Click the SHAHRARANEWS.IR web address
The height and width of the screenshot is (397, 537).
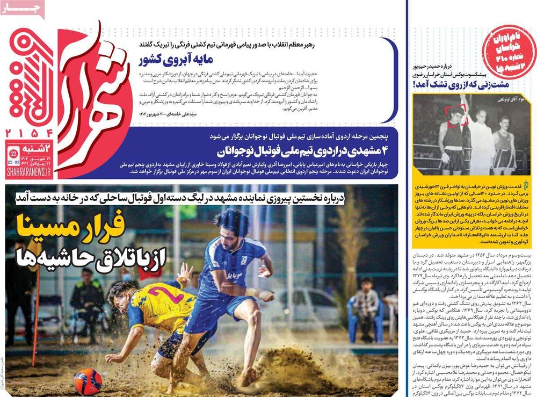pos(28,172)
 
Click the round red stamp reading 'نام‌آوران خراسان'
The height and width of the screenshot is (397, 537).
pos(509,51)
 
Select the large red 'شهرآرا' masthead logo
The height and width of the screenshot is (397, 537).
pos(91,102)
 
